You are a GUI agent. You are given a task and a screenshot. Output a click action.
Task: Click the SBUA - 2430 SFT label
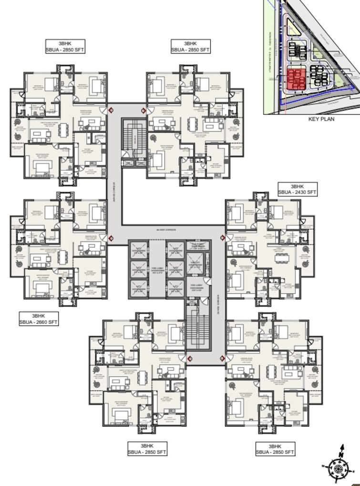297,192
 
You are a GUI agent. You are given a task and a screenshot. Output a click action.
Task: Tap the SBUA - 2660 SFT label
38,322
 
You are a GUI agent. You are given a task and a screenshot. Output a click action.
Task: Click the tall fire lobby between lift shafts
157,269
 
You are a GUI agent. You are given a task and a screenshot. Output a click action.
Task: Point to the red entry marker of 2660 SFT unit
111,238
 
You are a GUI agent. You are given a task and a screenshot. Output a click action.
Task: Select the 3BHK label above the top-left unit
65,42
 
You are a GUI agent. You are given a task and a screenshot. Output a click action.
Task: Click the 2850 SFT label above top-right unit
190,49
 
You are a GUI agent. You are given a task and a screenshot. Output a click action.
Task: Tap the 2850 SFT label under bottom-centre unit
147,452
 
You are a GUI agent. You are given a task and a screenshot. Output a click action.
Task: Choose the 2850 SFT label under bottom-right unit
275,452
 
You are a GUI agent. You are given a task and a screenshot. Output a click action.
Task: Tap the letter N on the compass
341,447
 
